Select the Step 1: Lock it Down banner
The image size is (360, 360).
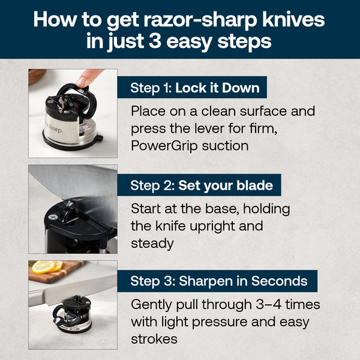coord(195,88)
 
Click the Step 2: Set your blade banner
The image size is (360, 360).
coord(202,185)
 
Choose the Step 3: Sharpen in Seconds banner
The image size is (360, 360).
coord(219,281)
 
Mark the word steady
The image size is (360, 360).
coord(152,243)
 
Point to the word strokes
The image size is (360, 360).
coord(155,339)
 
